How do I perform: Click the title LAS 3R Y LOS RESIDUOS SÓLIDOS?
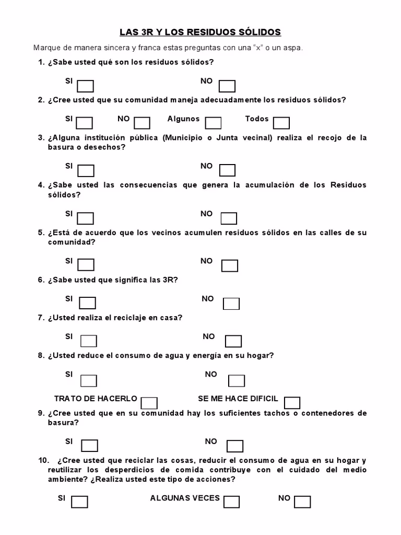(200, 32)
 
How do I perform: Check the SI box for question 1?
(86, 86)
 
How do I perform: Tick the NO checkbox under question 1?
(227, 86)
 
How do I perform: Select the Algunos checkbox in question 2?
(213, 123)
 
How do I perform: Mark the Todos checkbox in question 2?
(281, 123)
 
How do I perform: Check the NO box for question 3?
(227, 170)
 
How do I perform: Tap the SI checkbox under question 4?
(86, 218)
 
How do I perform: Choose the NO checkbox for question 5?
(230, 266)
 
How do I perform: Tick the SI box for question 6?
(88, 303)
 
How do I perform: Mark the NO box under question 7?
(233, 341)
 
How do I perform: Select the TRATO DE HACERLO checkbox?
(149, 403)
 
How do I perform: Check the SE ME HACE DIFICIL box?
(292, 403)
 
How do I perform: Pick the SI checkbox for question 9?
(90, 446)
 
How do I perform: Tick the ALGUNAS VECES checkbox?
(231, 502)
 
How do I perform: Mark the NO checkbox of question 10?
(302, 502)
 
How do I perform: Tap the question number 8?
(41, 356)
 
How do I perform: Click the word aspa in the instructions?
(292, 48)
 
